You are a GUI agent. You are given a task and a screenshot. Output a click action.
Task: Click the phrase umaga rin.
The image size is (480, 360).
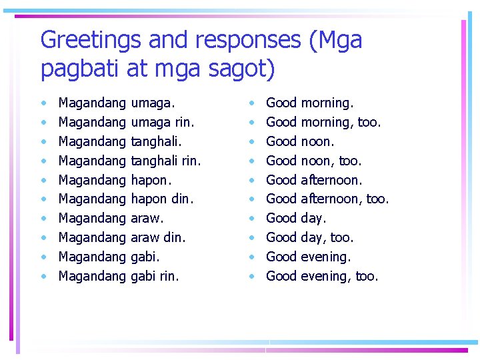coord(163,123)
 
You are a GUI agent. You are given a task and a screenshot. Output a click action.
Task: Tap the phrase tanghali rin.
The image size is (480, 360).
coord(166,161)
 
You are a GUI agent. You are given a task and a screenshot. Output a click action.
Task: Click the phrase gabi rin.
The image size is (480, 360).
coord(155,276)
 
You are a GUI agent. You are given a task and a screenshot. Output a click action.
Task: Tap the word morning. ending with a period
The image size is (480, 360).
coord(327,103)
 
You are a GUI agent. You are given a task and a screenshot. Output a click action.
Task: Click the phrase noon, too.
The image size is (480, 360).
coord(331,161)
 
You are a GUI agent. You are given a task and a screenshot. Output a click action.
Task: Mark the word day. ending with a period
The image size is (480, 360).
coord(313,218)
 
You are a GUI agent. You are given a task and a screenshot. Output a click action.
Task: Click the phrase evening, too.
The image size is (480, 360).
coord(339,276)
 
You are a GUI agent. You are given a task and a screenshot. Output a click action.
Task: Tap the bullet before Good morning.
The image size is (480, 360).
coord(251,103)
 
